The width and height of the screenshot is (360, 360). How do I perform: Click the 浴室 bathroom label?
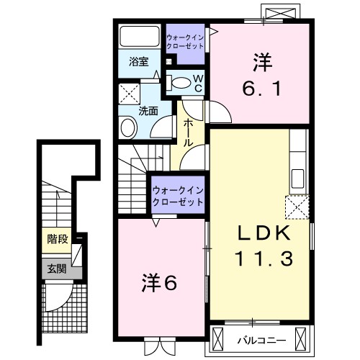139,62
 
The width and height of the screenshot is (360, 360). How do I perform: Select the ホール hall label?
187,133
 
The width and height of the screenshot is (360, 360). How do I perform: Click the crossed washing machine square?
130,93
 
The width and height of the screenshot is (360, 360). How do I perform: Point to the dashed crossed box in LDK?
297,207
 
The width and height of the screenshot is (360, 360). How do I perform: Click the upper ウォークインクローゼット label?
186,40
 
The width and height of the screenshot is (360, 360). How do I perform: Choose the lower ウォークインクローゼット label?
178,196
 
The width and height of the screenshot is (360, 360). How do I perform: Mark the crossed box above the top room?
279,14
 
